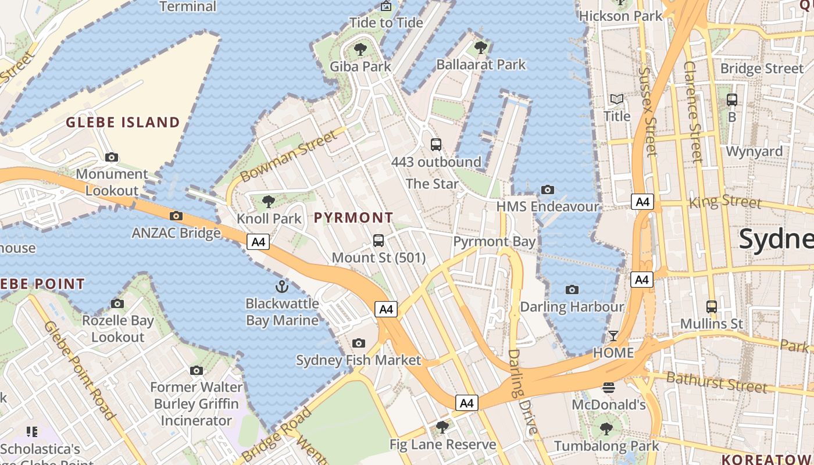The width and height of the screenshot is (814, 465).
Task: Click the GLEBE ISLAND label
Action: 123,122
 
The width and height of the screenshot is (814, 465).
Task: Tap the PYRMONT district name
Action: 354,218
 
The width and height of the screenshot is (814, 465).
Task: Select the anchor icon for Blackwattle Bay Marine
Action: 281,286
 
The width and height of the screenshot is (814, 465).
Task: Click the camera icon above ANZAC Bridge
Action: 176,216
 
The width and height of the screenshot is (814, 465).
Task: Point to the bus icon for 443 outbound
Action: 436,144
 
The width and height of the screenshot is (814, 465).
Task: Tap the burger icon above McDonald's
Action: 609,387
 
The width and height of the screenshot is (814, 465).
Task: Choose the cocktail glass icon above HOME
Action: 613,335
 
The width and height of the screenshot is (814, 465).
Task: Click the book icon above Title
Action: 616,99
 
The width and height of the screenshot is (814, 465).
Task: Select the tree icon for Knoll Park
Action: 269,202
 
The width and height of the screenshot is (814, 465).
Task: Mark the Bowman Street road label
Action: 288,156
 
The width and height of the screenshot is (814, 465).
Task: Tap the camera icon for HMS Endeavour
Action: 547,189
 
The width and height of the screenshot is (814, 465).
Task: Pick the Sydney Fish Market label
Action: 358,360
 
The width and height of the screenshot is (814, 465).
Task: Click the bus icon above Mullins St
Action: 711,306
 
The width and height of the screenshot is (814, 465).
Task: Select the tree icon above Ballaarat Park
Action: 480,47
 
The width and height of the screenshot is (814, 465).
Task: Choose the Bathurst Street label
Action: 716,382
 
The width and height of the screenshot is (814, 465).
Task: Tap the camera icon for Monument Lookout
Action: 112,157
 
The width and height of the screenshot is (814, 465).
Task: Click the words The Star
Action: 432,184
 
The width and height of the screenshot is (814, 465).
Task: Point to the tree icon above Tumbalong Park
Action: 606,429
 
